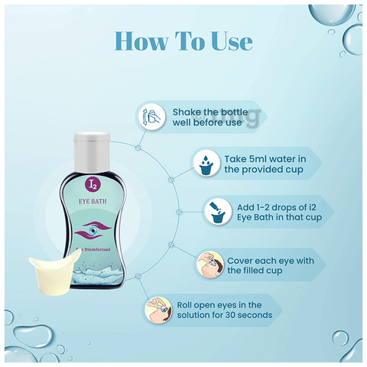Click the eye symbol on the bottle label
tap(106, 229)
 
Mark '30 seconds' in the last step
tap(253, 314)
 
